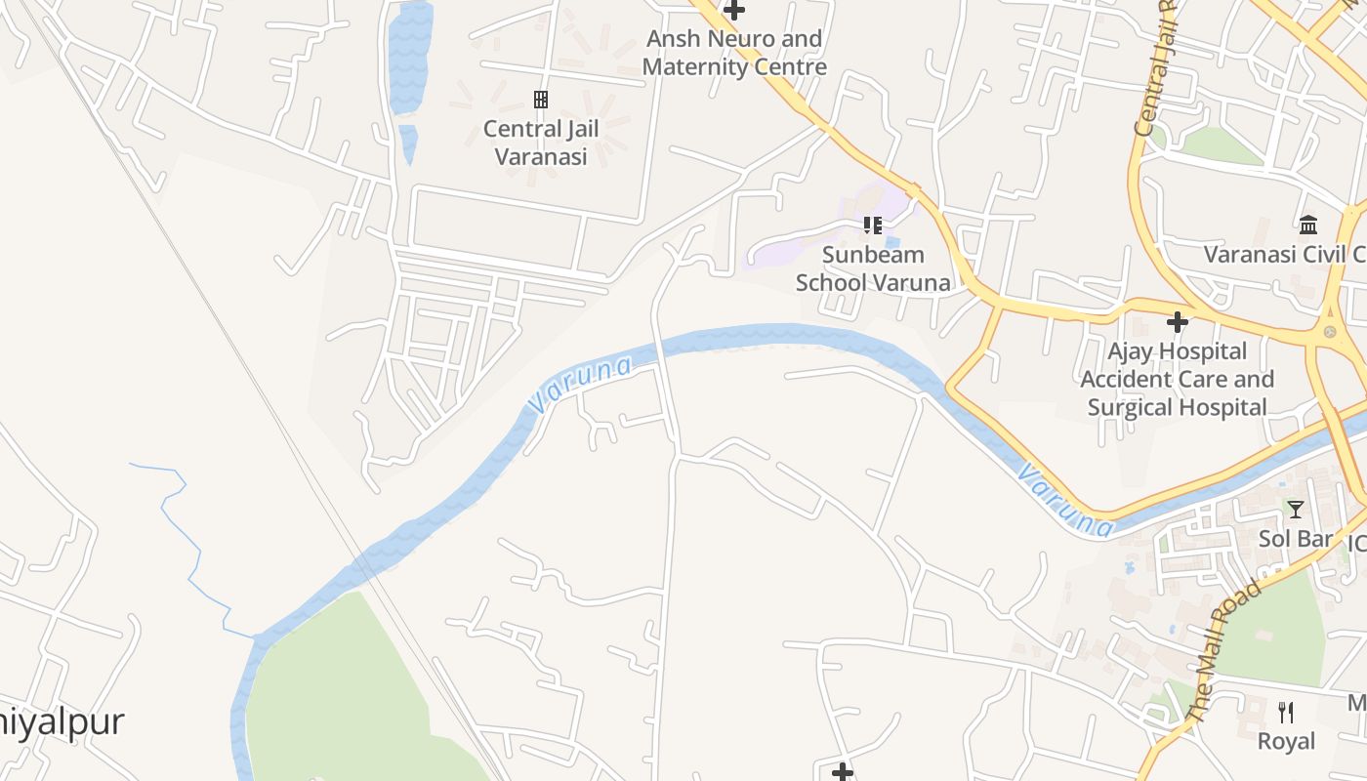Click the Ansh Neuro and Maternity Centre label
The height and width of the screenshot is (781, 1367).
click(734, 54)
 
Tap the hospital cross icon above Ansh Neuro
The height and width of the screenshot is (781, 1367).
click(734, 11)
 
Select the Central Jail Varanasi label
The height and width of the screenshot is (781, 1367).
click(540, 143)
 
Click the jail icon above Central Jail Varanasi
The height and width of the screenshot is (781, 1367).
click(540, 99)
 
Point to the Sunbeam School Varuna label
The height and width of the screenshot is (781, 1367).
click(872, 268)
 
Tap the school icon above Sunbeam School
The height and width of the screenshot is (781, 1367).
click(872, 226)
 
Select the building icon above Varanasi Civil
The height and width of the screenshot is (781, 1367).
click(1308, 226)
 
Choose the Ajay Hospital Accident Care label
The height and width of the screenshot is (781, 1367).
click(1178, 379)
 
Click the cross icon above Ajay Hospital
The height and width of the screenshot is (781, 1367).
click(1178, 321)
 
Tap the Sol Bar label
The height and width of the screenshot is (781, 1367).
click(1296, 539)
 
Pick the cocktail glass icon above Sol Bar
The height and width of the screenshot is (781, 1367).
click(1296, 509)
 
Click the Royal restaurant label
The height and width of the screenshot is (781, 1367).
click(1286, 741)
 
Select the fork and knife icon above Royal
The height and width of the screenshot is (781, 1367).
click(1286, 712)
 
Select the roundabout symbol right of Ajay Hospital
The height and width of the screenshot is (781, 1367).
click(1329, 332)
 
